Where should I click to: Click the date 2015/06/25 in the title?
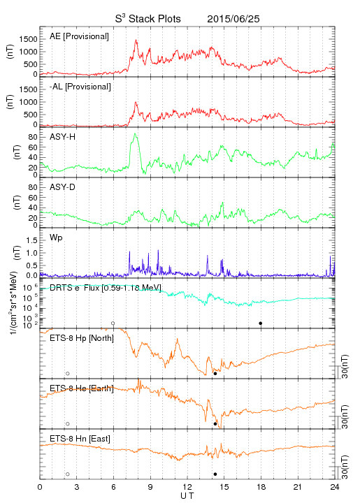tap(233, 19)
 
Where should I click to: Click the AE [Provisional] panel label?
tap(79, 36)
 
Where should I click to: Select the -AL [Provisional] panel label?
tap(80, 87)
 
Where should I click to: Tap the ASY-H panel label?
tap(63, 137)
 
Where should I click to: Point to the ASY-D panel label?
tap(63, 187)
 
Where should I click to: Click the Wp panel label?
tap(56, 238)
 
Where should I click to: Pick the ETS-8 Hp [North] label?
tap(82, 338)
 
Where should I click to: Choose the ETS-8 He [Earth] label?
tap(82, 388)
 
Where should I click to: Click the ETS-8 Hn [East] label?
tap(80, 439)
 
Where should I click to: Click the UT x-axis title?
tap(187, 495)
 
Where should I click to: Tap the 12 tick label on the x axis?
tap(187, 487)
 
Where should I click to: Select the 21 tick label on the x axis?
tap(298, 487)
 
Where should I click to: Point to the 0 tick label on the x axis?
tap(40, 487)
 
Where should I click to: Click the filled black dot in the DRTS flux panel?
tap(261, 323)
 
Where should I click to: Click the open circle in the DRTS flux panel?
tap(113, 323)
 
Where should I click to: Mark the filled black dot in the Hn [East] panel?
tap(215, 474)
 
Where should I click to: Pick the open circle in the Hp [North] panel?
tap(68, 374)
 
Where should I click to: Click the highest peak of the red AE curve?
tap(136, 40)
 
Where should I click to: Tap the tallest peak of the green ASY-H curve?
tap(135, 133)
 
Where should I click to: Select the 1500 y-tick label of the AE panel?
tap(28, 39)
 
